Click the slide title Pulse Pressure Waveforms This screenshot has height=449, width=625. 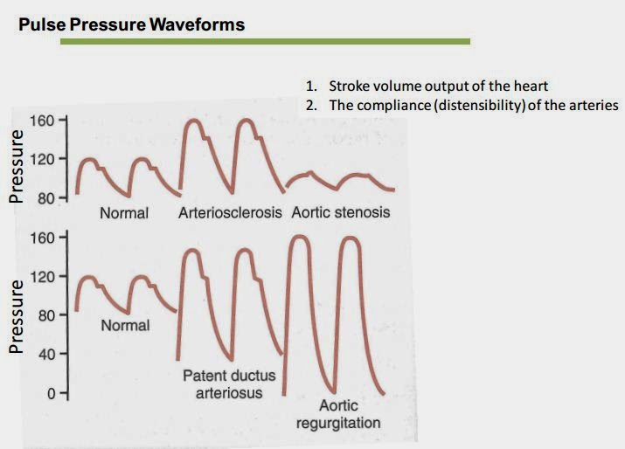131,24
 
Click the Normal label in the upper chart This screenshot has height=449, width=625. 124,213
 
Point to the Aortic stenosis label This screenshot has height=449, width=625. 340,213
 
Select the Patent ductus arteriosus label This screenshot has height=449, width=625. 229,384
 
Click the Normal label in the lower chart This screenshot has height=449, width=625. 125,326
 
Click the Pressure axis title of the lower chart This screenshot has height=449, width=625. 15,317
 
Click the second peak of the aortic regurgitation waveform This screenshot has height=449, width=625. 350,238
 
